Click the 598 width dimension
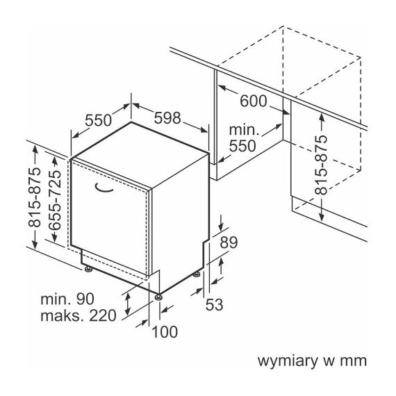(167, 118)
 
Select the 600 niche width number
(254, 101)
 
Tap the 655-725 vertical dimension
(55, 200)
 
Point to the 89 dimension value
(229, 242)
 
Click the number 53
(215, 304)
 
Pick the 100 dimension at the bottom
(165, 331)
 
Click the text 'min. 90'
(67, 299)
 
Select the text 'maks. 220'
(79, 315)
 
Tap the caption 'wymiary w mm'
(312, 361)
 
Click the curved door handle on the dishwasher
(103, 188)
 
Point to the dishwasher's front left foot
(88, 270)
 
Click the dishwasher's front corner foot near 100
(158, 297)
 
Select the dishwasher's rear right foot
(197, 274)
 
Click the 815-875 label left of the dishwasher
(34, 197)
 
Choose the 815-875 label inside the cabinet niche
(321, 165)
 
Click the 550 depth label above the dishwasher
(98, 120)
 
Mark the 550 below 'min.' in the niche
(242, 146)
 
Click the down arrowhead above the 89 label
(221, 226)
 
